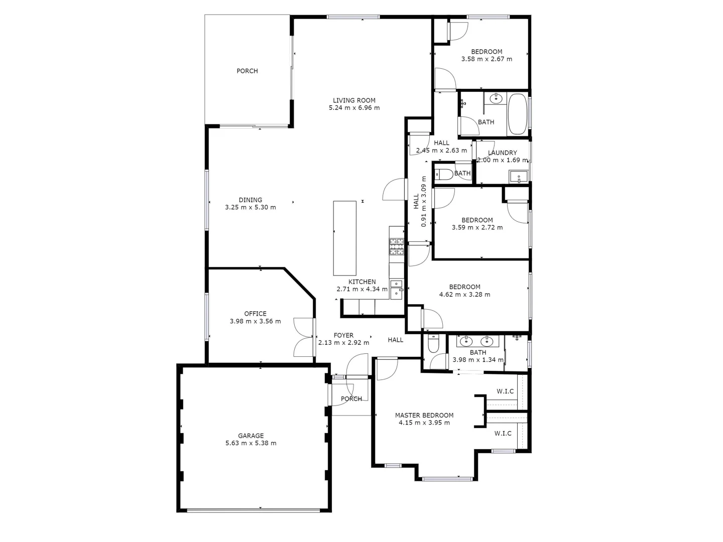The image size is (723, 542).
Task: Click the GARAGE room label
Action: pos(251,436)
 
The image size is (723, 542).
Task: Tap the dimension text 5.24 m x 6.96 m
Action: pos(354,108)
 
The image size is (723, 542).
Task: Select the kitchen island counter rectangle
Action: pos(345,238)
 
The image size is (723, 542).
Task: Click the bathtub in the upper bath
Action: pos(517,114)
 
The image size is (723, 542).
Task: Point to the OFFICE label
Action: pos(255,314)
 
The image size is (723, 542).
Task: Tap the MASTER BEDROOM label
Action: pos(424,415)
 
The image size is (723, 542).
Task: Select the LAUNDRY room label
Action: pos(502,153)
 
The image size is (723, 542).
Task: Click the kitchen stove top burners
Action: pos(397,246)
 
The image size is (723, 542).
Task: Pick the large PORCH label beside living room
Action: pos(247,71)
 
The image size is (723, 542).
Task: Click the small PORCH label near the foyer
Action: pos(351,399)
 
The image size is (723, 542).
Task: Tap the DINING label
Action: pos(250,200)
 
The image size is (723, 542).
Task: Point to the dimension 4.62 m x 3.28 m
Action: pos(464,295)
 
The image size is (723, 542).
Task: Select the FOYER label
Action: pos(343,335)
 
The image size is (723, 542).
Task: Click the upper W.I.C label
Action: pos(505,391)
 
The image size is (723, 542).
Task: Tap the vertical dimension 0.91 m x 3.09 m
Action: pos(420,201)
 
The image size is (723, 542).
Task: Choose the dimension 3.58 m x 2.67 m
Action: pos(487,59)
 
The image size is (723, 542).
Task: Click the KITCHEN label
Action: pos(362,282)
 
